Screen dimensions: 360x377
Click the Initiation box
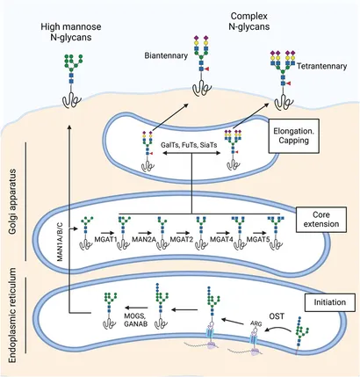click(x=329, y=302)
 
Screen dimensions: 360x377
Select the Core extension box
click(x=321, y=220)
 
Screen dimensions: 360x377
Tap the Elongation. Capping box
click(x=293, y=135)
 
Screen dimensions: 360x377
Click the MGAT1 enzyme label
click(x=105, y=240)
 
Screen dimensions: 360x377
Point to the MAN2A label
click(x=143, y=240)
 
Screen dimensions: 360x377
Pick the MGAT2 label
click(x=182, y=240)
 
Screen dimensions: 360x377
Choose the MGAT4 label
click(x=221, y=240)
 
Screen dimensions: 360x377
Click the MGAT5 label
click(x=258, y=240)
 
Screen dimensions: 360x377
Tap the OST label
click(x=277, y=316)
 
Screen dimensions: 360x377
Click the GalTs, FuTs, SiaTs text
click(x=189, y=145)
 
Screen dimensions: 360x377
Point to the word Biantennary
click(x=166, y=55)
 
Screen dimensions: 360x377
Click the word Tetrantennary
click(x=321, y=66)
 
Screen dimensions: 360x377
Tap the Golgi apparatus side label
click(x=12, y=201)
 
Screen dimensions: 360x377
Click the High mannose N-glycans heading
click(x=71, y=32)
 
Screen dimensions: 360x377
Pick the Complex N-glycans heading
click(x=249, y=21)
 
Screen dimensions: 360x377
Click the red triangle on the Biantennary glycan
click(x=206, y=69)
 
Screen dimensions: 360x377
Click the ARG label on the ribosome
click(x=256, y=323)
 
